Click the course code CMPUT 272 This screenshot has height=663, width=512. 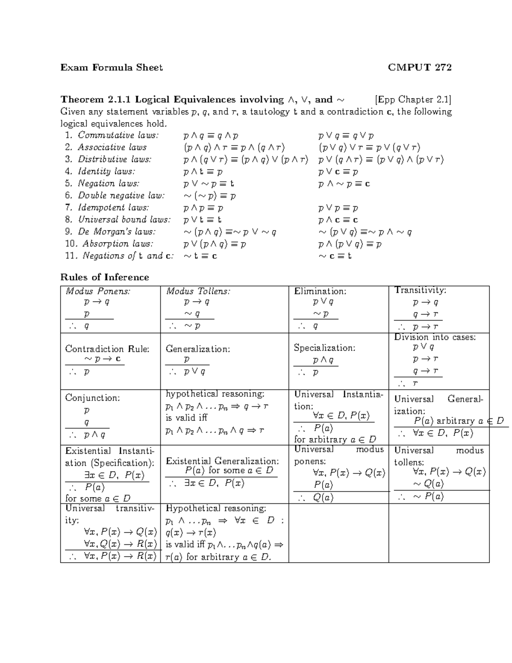[x=419, y=67]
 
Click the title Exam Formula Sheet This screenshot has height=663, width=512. [x=111, y=67]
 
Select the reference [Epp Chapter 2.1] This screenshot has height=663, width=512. [x=413, y=100]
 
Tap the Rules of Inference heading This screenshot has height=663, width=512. [x=105, y=277]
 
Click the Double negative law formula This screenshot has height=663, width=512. [x=209, y=196]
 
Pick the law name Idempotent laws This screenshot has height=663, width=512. [x=113, y=208]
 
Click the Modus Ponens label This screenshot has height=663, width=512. [x=98, y=291]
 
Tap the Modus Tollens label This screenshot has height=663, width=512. [x=198, y=291]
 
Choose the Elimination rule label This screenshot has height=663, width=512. [x=320, y=291]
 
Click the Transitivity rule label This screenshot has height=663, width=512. [x=420, y=290]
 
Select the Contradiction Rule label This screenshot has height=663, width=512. [x=107, y=349]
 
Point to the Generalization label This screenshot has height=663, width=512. [x=198, y=349]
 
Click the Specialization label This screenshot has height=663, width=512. [x=324, y=348]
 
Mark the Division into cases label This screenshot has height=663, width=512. [x=435, y=337]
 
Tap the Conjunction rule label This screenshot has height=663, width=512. [x=93, y=398]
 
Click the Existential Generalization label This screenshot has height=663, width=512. [x=222, y=461]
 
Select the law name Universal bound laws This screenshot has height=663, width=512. [x=124, y=220]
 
